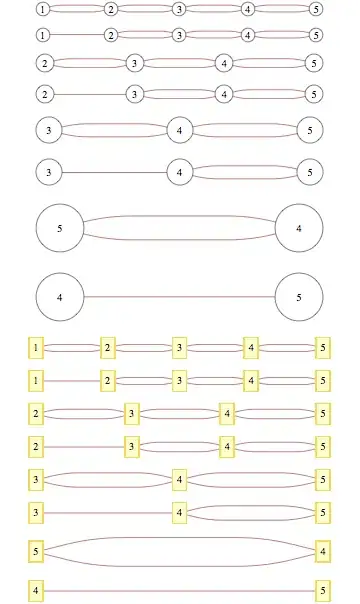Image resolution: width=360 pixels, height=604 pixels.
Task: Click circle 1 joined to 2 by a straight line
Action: (x=42, y=34)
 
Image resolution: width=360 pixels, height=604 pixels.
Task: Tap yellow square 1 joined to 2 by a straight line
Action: (x=36, y=381)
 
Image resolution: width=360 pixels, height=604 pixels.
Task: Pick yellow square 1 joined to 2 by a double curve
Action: (x=36, y=348)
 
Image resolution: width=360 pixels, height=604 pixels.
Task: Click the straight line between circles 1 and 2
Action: (x=76, y=34)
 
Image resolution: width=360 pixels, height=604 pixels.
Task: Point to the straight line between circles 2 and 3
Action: (x=89, y=95)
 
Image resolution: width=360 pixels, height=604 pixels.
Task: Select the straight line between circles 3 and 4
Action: (x=114, y=172)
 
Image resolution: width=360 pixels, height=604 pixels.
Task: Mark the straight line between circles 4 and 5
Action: (x=179, y=297)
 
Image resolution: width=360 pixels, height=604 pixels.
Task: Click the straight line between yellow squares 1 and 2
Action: (x=72, y=381)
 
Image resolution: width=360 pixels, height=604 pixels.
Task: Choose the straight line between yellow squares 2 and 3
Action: (x=83, y=446)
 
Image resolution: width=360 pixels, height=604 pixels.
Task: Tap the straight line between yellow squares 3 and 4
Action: (x=108, y=513)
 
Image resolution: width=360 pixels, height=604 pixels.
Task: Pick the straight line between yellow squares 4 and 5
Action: (x=179, y=592)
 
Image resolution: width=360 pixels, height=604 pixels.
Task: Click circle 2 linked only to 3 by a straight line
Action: (x=44, y=95)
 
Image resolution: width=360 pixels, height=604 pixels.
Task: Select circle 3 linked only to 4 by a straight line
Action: (x=49, y=172)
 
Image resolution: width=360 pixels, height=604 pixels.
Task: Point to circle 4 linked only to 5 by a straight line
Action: (x=59, y=297)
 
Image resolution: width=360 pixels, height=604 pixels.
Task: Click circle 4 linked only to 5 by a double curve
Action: (x=299, y=229)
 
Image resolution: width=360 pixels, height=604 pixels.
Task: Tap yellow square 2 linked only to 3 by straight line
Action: (x=36, y=446)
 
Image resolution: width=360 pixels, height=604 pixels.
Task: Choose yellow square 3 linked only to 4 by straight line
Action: (x=36, y=513)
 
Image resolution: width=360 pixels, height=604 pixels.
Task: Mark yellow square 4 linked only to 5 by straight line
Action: (x=36, y=592)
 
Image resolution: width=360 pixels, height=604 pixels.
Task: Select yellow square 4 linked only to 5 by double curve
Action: (x=323, y=550)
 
